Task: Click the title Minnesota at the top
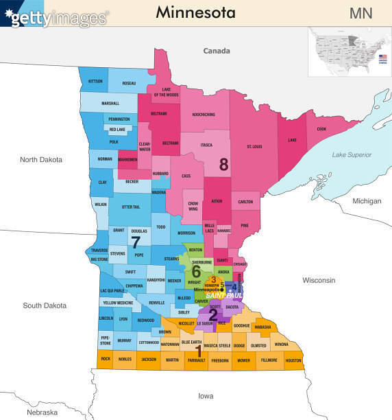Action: pyautogui.click(x=195, y=12)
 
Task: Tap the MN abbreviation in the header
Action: pyautogui.click(x=362, y=13)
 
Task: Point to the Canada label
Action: pyautogui.click(x=217, y=51)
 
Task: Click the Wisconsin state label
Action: pyautogui.click(x=319, y=280)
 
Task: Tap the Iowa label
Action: pyautogui.click(x=206, y=395)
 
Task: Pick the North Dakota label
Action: pyautogui.click(x=41, y=159)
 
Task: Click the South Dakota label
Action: pyautogui.click(x=42, y=305)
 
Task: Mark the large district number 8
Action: pyautogui.click(x=223, y=164)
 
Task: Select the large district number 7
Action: pyautogui.click(x=136, y=242)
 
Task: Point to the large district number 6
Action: pyautogui.click(x=196, y=271)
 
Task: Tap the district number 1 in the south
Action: pyautogui.click(x=199, y=351)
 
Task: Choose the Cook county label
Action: pyautogui.click(x=321, y=129)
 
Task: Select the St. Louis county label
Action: pyautogui.click(x=254, y=146)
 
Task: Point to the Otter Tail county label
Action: pyautogui.click(x=130, y=207)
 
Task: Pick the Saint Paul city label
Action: pyautogui.click(x=230, y=294)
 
